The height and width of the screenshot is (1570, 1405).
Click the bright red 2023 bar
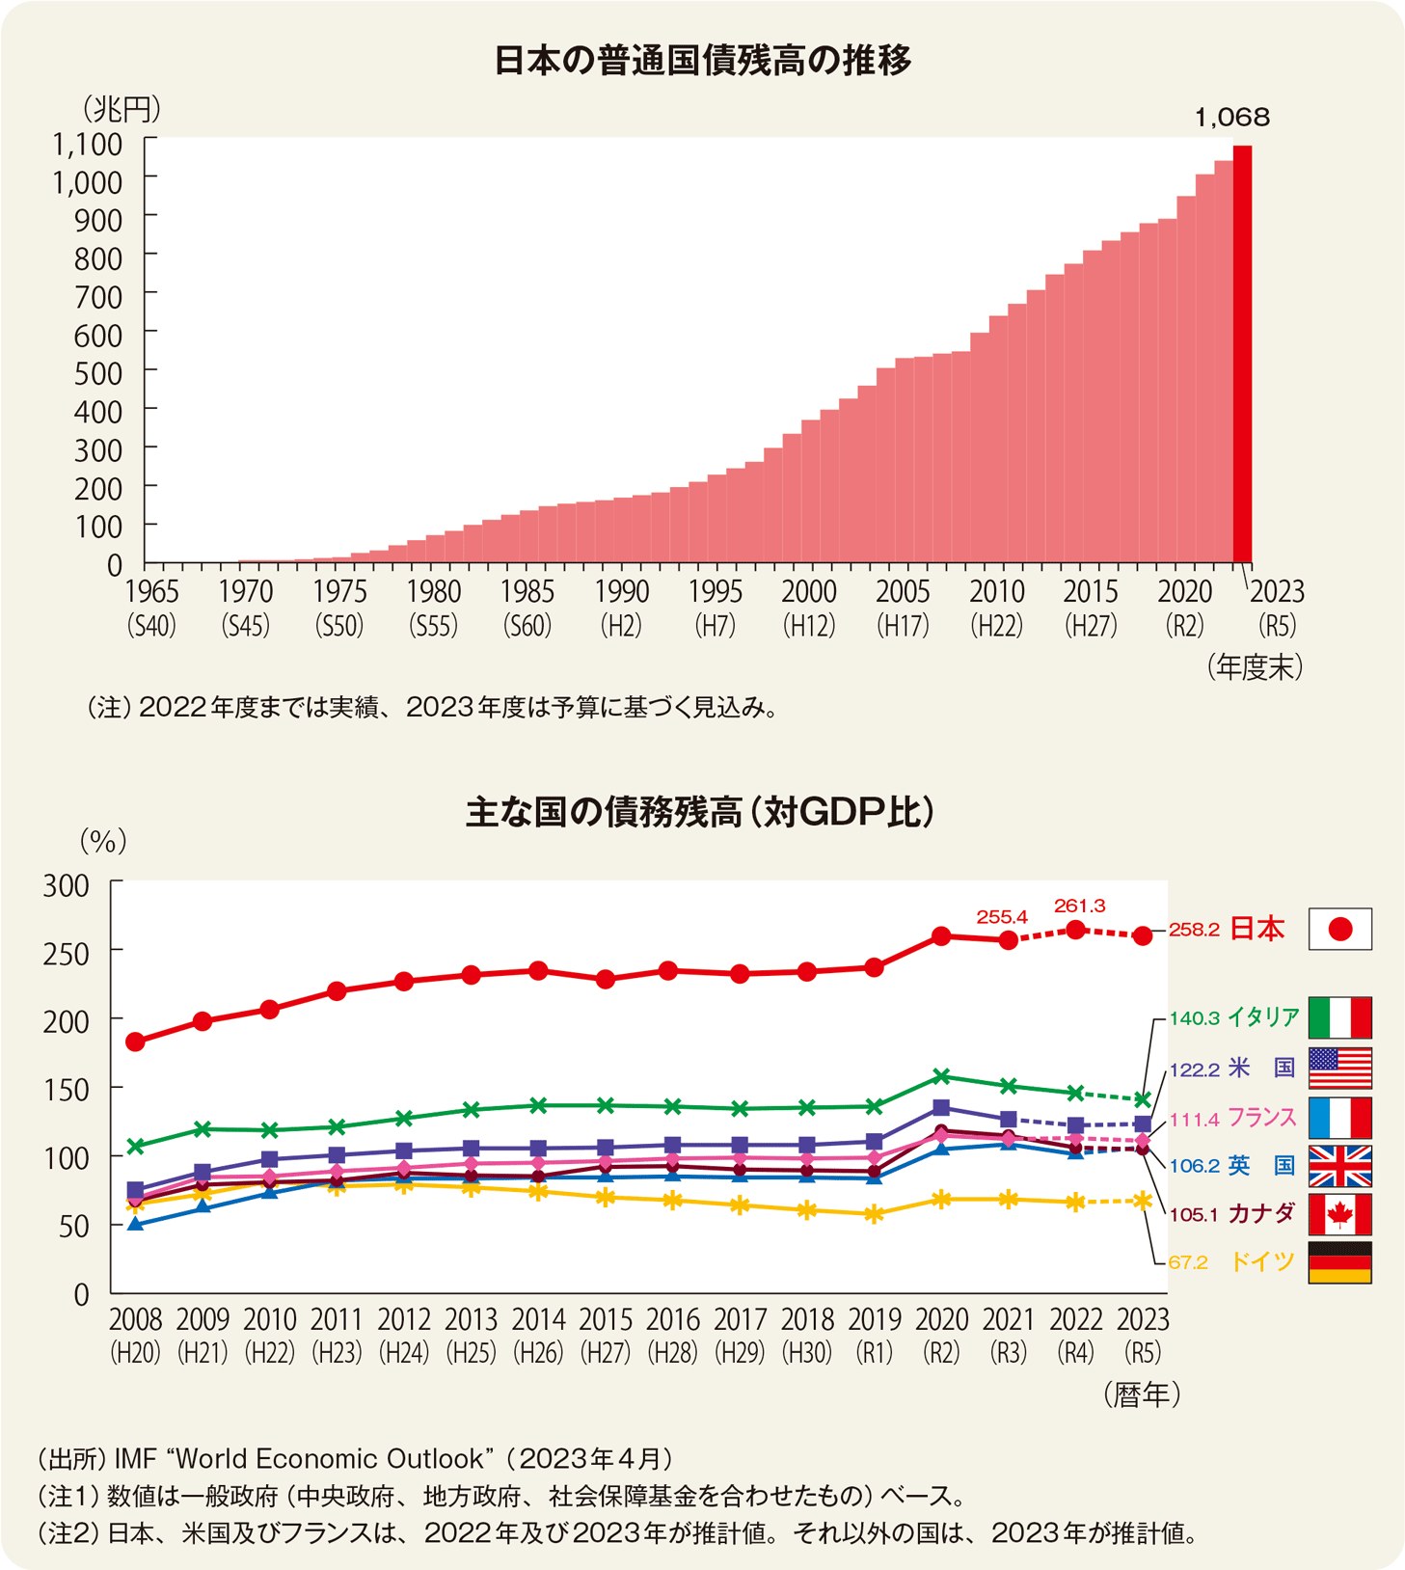click(1242, 353)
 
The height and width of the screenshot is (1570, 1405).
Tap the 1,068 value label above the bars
click(1231, 118)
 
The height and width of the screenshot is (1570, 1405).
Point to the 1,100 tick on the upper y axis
click(87, 145)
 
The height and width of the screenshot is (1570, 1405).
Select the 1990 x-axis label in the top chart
click(621, 591)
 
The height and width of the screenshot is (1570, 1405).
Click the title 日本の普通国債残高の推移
click(702, 61)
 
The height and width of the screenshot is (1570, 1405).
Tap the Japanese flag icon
click(1339, 929)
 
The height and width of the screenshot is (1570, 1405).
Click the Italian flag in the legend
click(1339, 1017)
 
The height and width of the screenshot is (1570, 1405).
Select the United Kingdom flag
click(1339, 1166)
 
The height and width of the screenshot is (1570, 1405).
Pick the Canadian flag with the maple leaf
click(1339, 1215)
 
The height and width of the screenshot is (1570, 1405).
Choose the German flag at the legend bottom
click(1339, 1262)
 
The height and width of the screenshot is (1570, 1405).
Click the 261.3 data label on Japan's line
click(1079, 906)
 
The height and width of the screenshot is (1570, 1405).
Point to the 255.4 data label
click(1002, 916)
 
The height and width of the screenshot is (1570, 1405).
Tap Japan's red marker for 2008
click(135, 1042)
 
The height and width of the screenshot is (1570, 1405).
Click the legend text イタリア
click(1262, 1017)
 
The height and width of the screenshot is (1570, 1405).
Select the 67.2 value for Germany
click(1188, 1262)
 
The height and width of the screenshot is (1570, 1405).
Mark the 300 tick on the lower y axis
click(66, 885)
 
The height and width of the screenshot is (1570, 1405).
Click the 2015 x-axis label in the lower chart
click(606, 1319)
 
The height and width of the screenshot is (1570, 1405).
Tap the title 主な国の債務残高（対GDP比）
click(700, 812)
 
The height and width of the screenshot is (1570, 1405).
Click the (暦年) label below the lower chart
click(1142, 1394)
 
